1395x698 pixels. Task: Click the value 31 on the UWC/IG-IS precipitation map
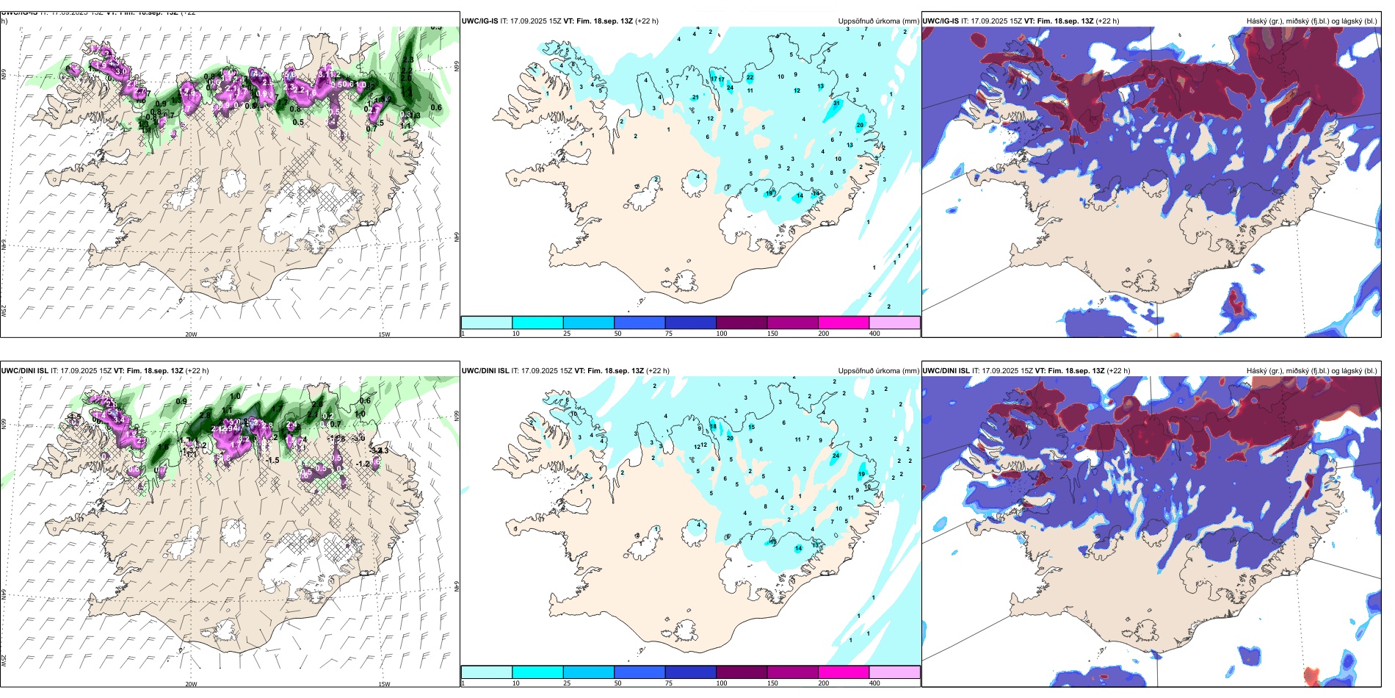[x=836, y=104]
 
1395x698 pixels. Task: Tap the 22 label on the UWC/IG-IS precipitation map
[x=750, y=77]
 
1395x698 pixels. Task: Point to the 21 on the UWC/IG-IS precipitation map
[x=695, y=97]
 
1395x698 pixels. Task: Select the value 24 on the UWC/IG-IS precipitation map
[x=730, y=88]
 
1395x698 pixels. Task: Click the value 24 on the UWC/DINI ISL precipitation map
[x=836, y=456]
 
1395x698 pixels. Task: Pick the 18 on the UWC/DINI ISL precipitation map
[x=713, y=427]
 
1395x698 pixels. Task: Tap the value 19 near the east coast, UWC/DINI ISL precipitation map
[x=862, y=475]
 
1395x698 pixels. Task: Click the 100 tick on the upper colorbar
[x=722, y=334]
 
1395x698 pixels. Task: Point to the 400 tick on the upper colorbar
[x=874, y=334]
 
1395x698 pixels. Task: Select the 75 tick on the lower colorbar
[x=669, y=683]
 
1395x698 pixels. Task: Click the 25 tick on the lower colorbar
[x=567, y=683]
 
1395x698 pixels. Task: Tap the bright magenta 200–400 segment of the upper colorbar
[x=844, y=323]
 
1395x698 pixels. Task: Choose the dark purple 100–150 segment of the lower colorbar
[x=742, y=672]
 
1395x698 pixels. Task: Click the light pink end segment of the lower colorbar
[x=894, y=672]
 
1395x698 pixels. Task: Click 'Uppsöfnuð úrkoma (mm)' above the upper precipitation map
[x=878, y=21]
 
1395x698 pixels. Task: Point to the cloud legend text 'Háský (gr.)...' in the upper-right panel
[x=1311, y=21]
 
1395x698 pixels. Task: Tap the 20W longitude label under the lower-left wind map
[x=191, y=684]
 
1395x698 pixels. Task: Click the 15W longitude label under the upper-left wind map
[x=383, y=334]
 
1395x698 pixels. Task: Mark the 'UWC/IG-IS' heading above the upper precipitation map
[x=479, y=21]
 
